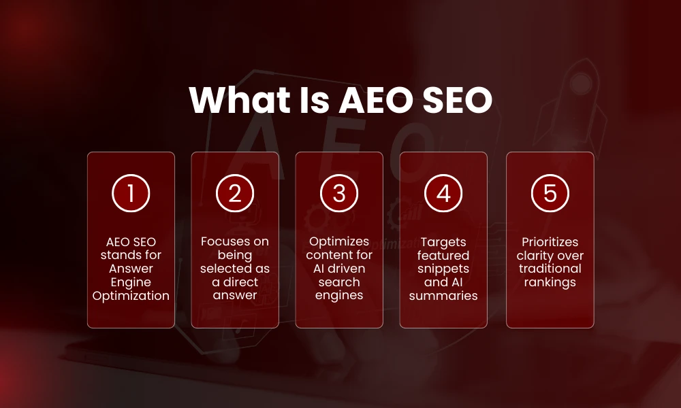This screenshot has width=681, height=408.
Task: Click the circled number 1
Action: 131,194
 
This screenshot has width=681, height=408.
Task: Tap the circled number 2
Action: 235,194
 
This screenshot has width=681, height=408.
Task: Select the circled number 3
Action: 339,194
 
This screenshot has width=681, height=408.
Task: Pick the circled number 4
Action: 443,194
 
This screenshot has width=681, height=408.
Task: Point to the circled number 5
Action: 550,194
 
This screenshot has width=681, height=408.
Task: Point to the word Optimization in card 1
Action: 131,296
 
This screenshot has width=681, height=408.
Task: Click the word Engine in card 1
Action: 131,282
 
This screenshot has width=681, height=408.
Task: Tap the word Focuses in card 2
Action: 235,241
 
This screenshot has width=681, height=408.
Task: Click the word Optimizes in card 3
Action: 339,241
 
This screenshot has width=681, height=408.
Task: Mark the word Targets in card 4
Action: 443,241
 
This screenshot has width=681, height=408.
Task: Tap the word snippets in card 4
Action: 443,269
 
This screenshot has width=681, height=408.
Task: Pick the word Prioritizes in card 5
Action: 550,241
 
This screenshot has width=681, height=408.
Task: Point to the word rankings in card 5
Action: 550,282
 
